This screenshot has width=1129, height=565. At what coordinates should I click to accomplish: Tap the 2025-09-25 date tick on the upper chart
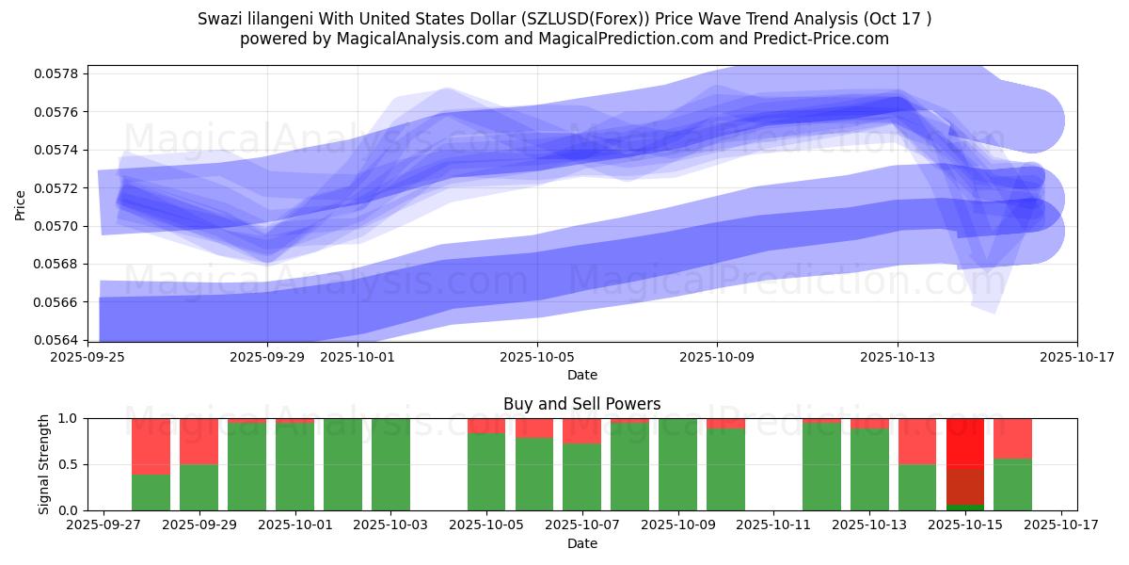[87, 358]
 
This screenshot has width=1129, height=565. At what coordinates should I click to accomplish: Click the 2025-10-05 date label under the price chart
[537, 358]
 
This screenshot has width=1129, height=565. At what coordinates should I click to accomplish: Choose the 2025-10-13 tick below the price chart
[897, 358]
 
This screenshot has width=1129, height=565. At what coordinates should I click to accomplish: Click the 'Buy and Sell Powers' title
[581, 404]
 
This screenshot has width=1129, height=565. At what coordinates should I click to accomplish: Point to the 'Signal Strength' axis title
[44, 464]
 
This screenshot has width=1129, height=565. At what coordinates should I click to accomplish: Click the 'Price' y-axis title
[21, 203]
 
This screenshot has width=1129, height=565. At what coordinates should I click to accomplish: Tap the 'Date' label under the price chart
[581, 375]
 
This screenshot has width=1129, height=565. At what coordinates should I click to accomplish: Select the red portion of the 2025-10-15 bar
[965, 443]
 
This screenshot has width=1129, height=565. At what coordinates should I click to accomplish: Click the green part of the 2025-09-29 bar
[199, 487]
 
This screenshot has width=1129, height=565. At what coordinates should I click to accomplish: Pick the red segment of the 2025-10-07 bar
[581, 431]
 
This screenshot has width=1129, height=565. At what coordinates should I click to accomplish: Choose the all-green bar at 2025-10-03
[390, 464]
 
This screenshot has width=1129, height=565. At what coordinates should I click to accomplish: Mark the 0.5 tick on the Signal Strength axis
[72, 464]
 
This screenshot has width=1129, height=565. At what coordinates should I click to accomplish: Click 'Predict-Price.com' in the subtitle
[828, 39]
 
